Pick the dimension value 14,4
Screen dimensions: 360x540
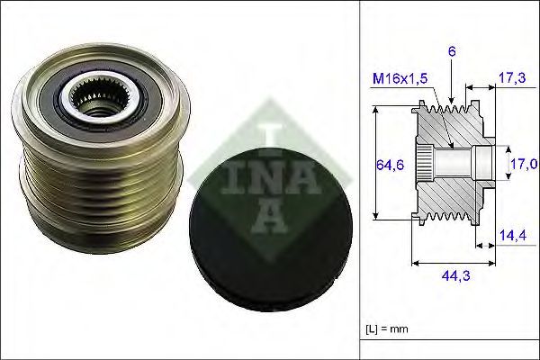510,236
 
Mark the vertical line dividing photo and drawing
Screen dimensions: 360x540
360,180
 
